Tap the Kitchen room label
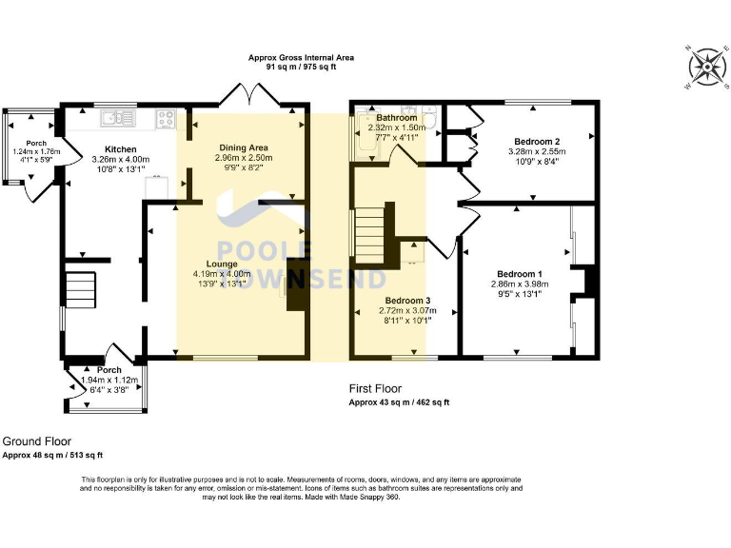coord(120,149)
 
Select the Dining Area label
coord(245,147)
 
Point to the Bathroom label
coord(396,118)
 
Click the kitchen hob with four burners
coord(166,119)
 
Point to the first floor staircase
coord(374,234)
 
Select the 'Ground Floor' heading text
coord(37,441)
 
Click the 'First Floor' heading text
coord(375,388)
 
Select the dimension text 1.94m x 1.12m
coord(110,380)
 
